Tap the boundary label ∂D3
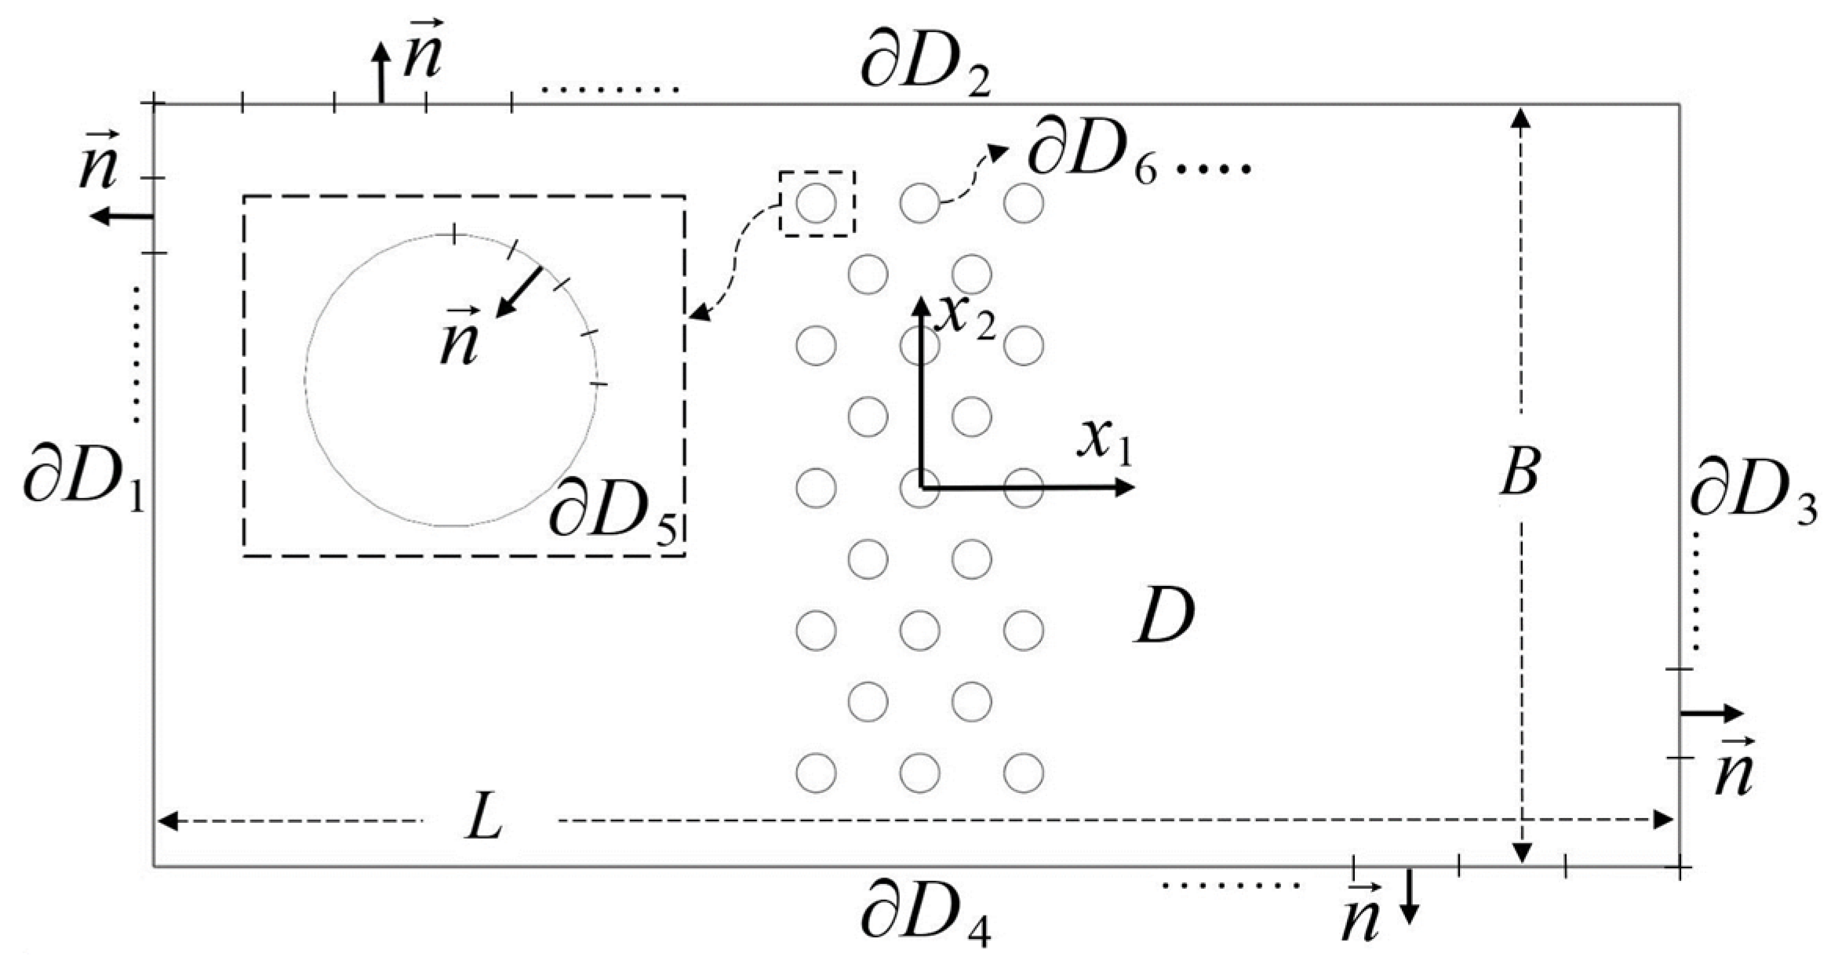point(1752,496)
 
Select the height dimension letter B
point(1519,472)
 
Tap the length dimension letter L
point(483,822)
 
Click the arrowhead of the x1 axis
point(1126,487)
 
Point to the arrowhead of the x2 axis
point(919,304)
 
